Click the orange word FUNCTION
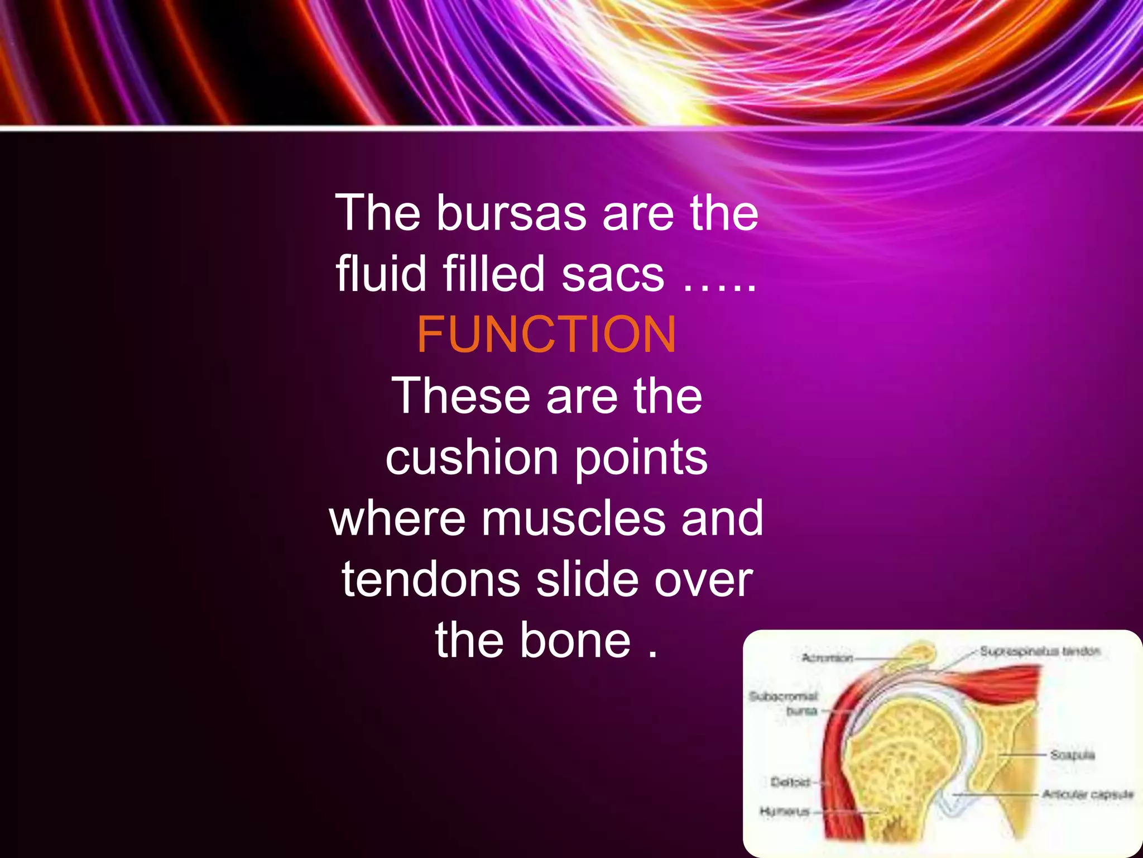point(546,335)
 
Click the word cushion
point(472,457)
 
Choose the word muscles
point(573,518)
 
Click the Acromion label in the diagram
point(827,658)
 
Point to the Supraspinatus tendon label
point(1040,651)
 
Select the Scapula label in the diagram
point(1072,755)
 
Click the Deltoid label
point(790,782)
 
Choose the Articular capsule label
point(1088,794)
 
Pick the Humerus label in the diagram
point(785,811)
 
